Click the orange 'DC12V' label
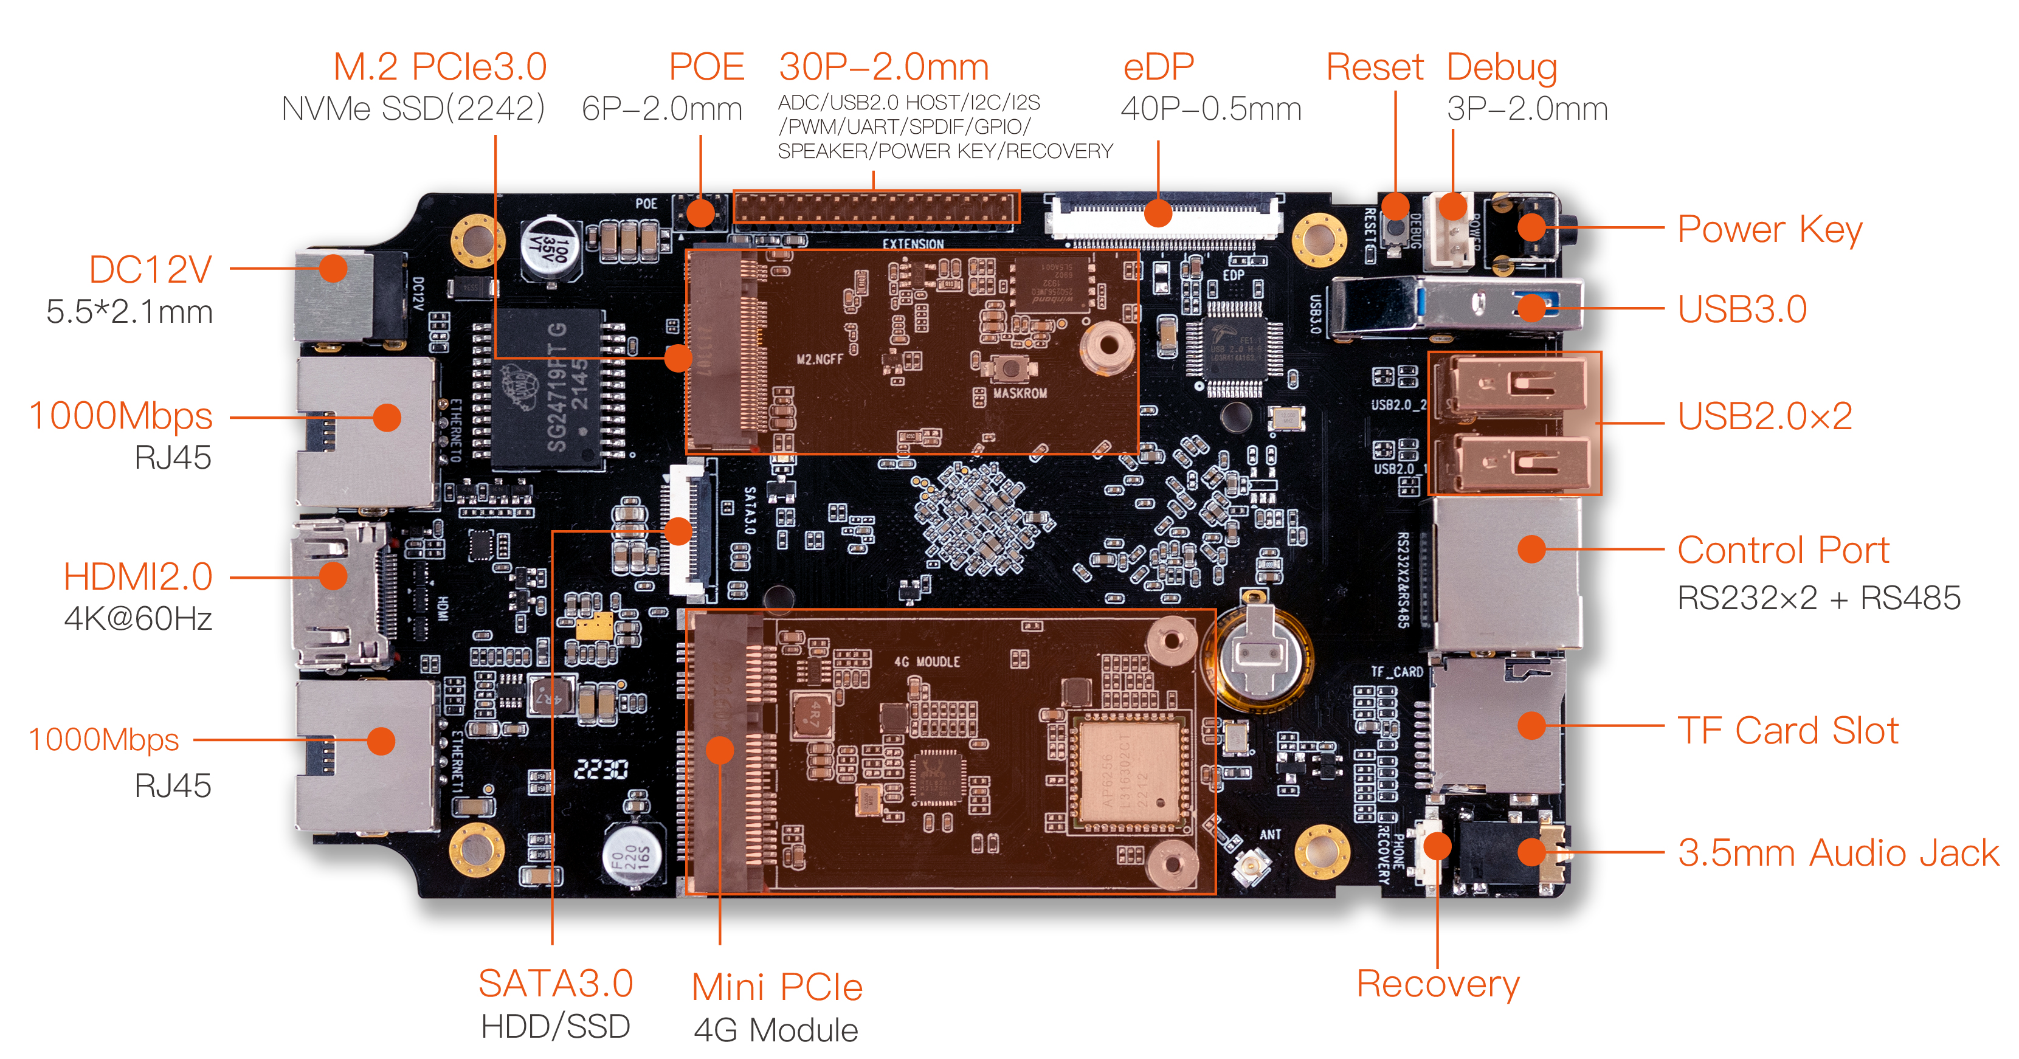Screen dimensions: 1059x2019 [x=151, y=270]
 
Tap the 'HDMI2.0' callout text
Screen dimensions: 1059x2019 [x=138, y=577]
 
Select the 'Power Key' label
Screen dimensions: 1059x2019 [x=1769, y=230]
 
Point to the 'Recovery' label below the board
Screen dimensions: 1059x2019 [x=1437, y=983]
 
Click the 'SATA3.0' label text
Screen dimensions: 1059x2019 [x=556, y=983]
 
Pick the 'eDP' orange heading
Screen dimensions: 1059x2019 [x=1158, y=67]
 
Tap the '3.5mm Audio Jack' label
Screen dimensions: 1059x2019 [x=1838, y=853]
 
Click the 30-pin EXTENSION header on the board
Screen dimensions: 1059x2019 [x=875, y=208]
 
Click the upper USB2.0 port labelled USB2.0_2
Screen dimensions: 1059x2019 [x=1513, y=384]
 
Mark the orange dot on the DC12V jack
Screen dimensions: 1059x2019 [x=334, y=268]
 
